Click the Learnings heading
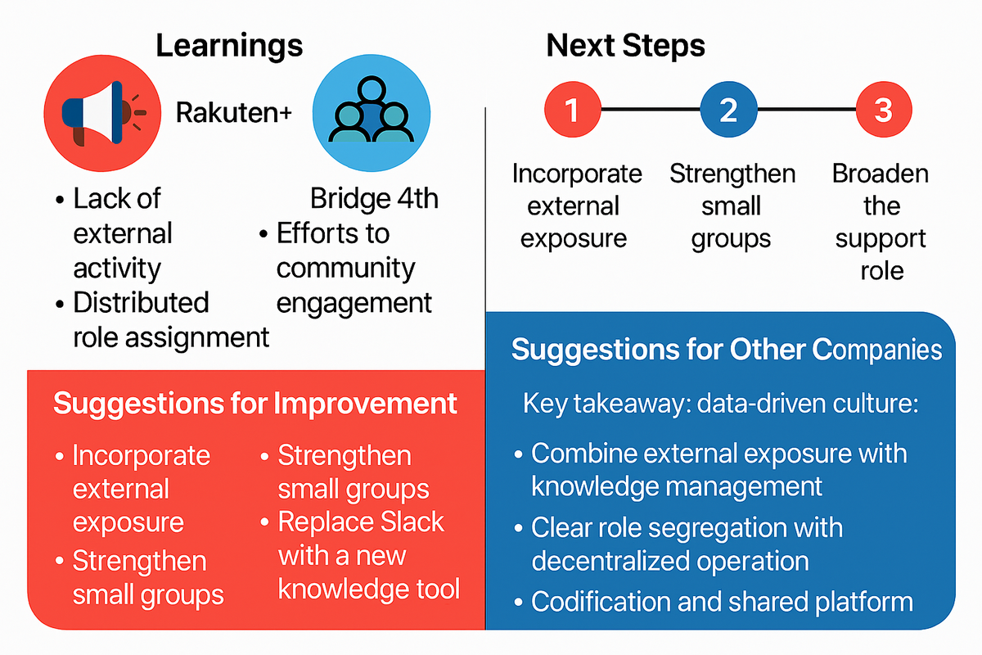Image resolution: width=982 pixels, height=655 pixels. (x=229, y=45)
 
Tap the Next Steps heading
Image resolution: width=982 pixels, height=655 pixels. (x=626, y=45)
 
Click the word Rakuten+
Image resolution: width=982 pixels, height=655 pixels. (x=234, y=113)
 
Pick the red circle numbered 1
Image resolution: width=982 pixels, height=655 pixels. (x=572, y=110)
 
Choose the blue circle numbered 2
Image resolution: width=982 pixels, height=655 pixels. (x=728, y=110)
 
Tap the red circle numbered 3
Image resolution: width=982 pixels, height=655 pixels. (x=883, y=110)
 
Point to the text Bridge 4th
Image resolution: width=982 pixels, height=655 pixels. (x=374, y=199)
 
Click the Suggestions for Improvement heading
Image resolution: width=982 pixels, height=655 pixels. (x=255, y=404)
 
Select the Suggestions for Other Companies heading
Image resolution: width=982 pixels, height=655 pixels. (x=727, y=350)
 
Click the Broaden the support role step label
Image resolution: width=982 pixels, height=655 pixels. (x=881, y=222)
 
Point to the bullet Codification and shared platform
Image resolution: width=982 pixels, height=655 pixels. (x=722, y=602)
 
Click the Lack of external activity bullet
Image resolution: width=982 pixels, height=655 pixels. (x=123, y=233)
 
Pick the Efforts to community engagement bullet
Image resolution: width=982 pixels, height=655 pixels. (x=352, y=269)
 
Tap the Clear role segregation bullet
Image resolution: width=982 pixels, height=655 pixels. (x=686, y=544)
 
